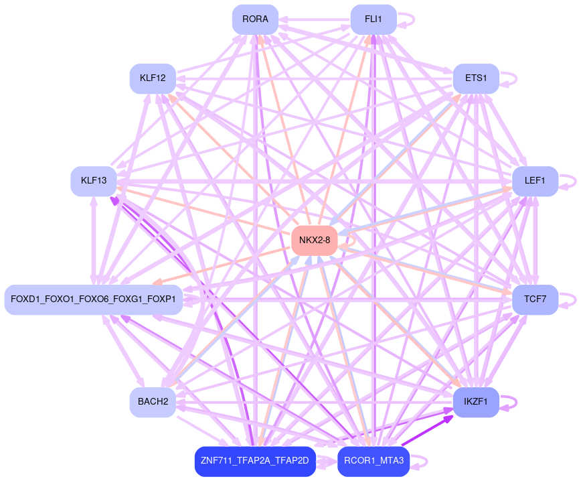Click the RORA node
tap(255, 19)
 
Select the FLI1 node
tap(374, 19)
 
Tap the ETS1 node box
tap(476, 78)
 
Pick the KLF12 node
tap(153, 79)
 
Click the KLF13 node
tap(94, 181)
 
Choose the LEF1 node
tap(535, 181)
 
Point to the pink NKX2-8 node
tap(314, 240)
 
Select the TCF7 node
tap(535, 299)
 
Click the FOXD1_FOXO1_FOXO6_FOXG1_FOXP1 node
tap(94, 299)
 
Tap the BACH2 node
tap(153, 402)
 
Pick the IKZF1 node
tap(476, 402)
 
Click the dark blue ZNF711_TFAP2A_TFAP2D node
tap(255, 461)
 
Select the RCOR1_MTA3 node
tap(374, 461)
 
